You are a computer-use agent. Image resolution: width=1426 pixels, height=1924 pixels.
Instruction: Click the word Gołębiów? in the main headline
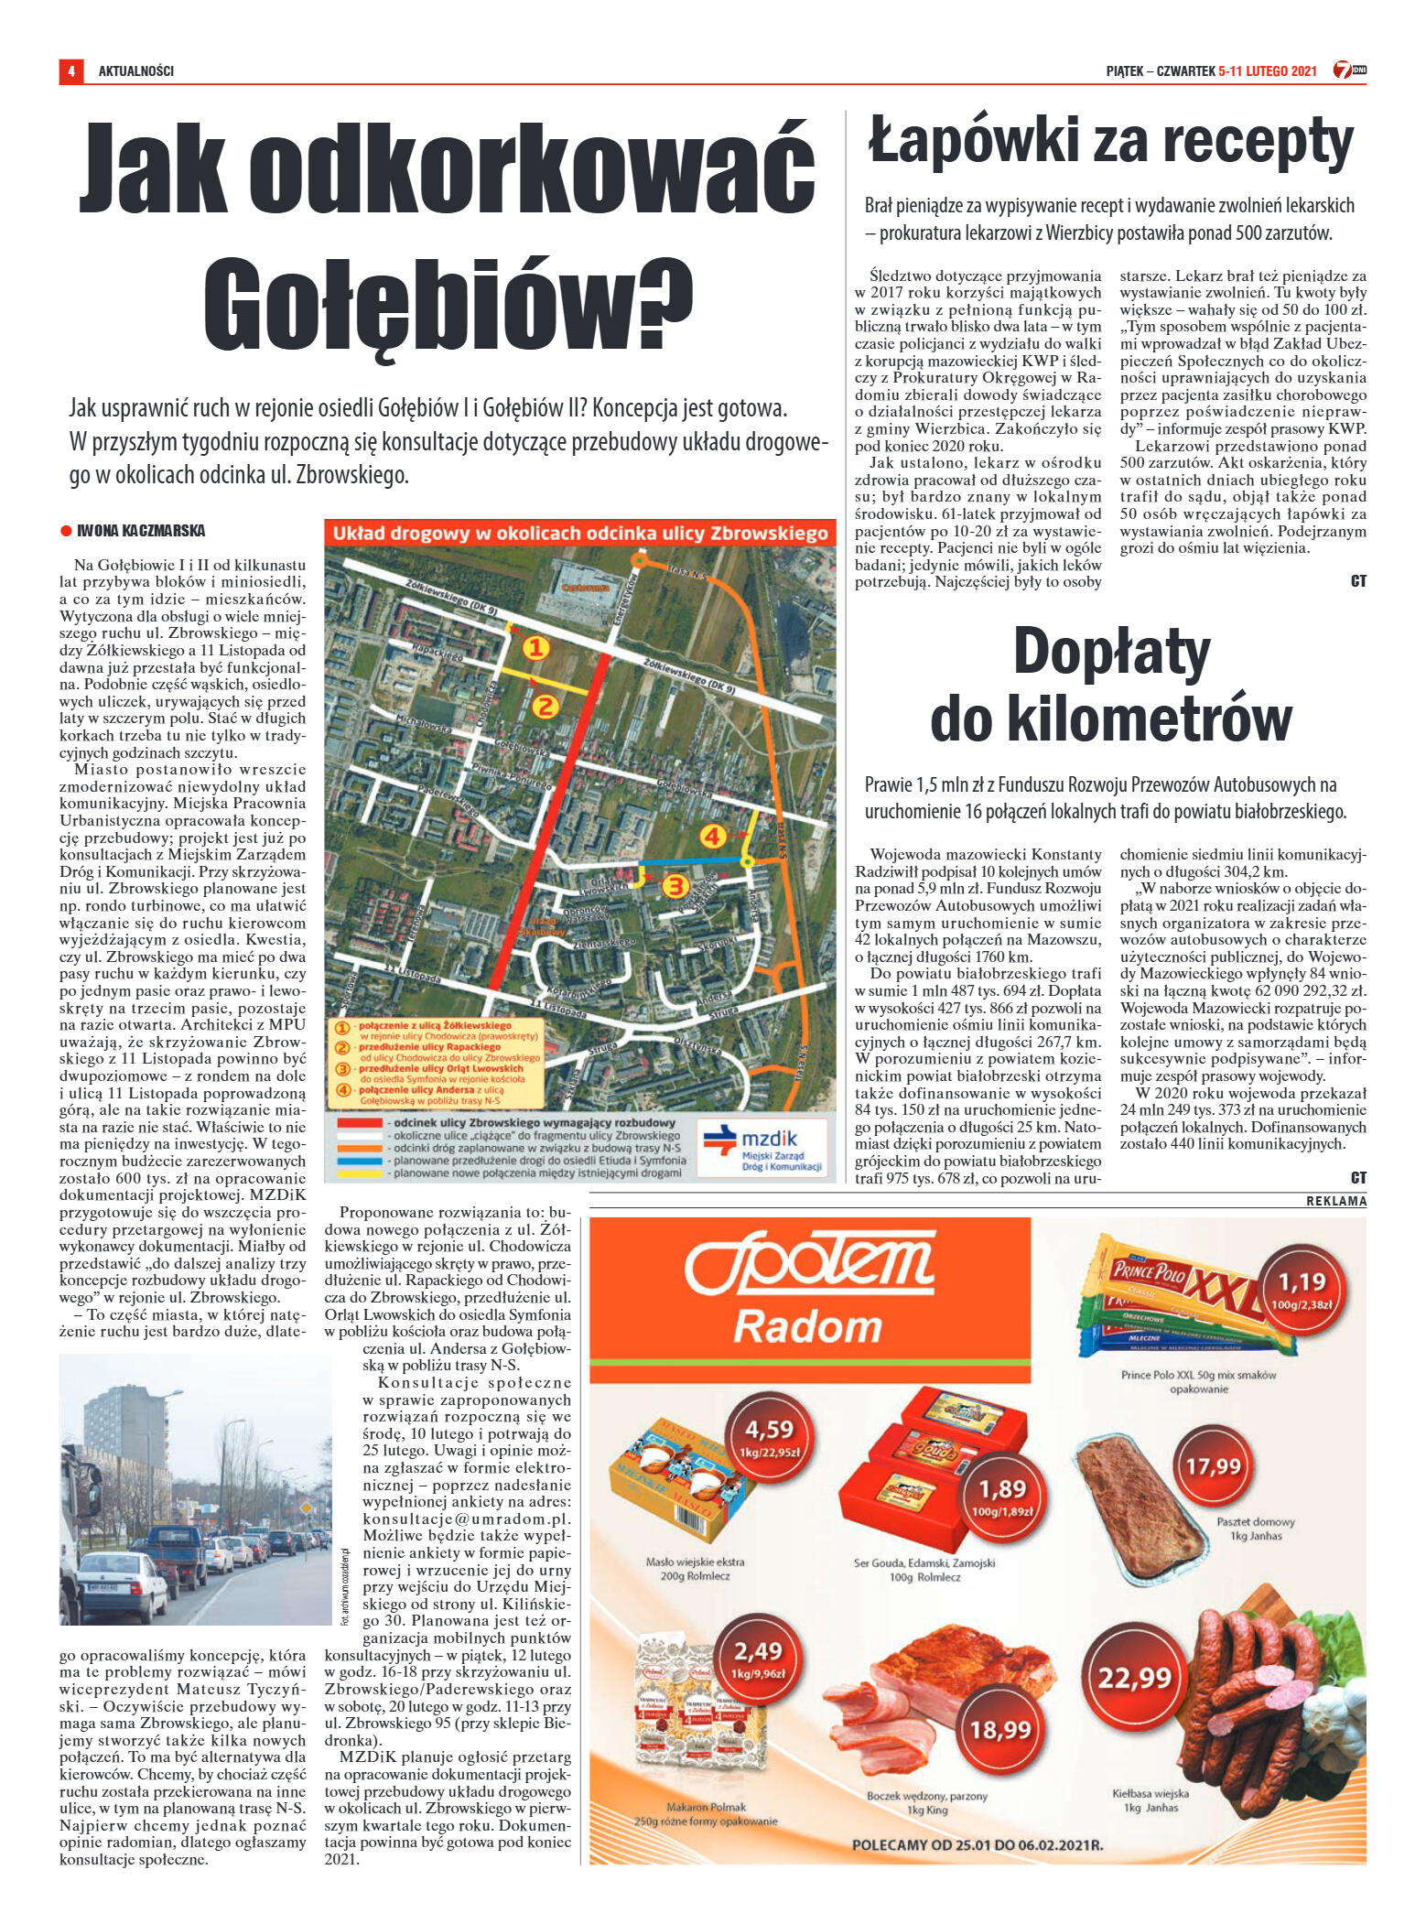[x=448, y=304]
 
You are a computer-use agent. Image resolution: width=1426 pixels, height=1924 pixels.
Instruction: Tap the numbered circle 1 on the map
[x=535, y=648]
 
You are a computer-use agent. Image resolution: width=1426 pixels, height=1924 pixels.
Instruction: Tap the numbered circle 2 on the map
[x=546, y=706]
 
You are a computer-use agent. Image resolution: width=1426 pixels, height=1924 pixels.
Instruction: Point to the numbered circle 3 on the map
[x=675, y=885]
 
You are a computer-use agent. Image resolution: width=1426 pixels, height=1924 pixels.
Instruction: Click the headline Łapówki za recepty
[x=1110, y=142]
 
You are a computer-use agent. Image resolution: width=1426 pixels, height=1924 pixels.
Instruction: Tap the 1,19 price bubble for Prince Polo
[x=1302, y=1289]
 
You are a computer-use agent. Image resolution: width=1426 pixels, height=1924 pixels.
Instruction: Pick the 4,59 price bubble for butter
[x=769, y=1438]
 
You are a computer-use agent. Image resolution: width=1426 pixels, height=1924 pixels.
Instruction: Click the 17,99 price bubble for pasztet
[x=1213, y=1467]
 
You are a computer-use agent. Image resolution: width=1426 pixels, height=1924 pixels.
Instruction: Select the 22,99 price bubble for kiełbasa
[x=1134, y=1678]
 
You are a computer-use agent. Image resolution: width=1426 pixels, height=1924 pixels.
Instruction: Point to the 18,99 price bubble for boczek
[x=1000, y=1729]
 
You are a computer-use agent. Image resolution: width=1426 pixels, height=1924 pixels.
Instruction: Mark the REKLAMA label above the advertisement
[x=1335, y=1201]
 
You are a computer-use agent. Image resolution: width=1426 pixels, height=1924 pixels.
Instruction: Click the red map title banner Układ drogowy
[x=579, y=533]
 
